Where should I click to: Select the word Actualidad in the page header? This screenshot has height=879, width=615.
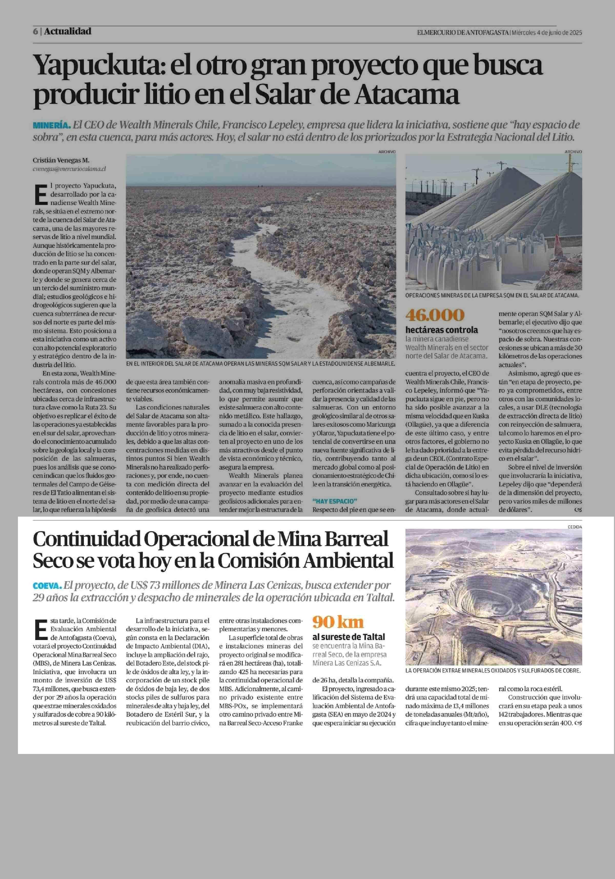[68, 31]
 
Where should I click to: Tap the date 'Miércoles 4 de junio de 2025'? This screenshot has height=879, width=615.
[547, 33]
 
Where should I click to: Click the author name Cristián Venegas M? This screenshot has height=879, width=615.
[61, 160]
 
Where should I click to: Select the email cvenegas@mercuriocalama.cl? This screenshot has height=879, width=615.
[69, 168]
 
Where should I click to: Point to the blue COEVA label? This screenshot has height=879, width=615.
[47, 586]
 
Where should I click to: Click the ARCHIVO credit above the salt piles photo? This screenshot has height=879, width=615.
[573, 152]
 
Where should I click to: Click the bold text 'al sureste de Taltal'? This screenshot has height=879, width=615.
[349, 637]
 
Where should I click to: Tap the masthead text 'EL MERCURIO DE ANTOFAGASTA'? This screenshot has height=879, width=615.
[463, 33]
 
